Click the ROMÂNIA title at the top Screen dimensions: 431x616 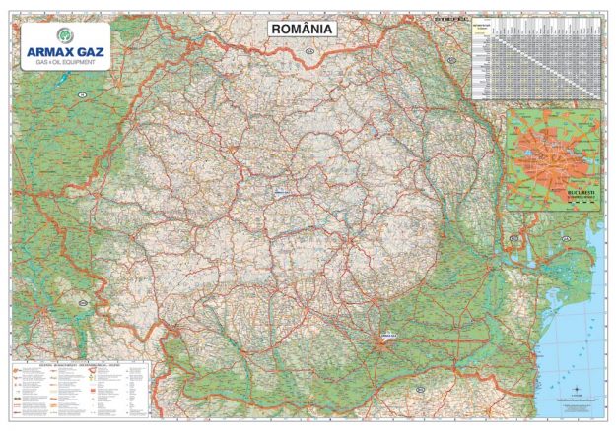click(303, 30)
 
